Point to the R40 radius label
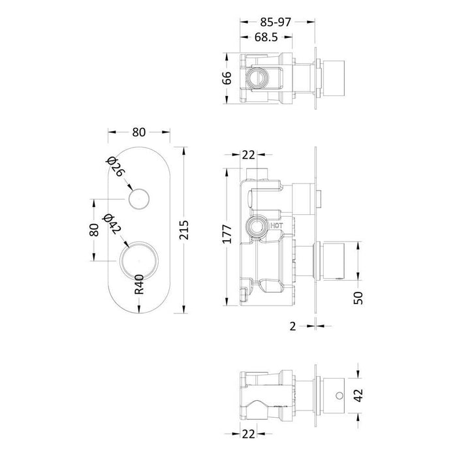click(139, 285)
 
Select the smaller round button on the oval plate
click(139, 198)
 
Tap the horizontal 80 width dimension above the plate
click(138, 131)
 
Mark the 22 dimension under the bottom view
click(247, 433)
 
